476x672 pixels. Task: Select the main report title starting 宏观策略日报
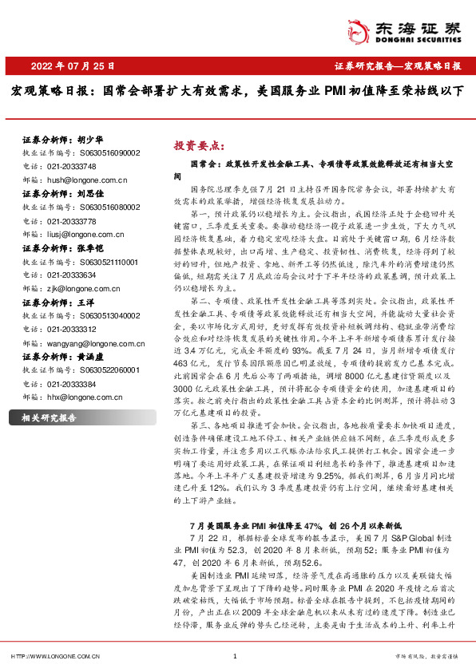[x=237, y=91]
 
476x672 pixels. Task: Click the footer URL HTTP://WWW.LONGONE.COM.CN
[x=54, y=656]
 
